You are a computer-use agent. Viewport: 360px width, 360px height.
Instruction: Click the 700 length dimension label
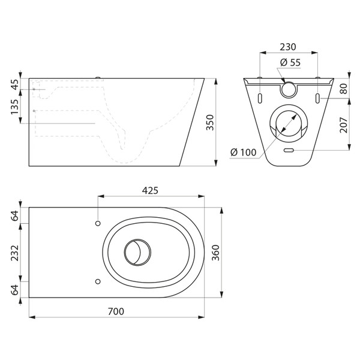point(116,311)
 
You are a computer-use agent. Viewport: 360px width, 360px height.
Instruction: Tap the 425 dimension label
point(150,190)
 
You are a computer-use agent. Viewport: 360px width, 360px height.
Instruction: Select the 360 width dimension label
point(215,253)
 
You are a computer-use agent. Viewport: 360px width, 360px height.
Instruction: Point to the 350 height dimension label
point(210,122)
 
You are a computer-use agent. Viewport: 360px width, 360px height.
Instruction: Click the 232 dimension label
point(15,253)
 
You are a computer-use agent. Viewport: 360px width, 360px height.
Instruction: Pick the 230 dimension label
point(288,47)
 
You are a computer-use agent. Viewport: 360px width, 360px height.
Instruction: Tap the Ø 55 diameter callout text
point(290,62)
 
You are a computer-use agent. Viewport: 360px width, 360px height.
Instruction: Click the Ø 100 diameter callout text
point(244,152)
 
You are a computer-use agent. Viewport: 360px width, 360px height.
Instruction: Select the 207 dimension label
point(344,125)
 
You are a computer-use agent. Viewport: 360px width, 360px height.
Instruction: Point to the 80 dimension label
point(344,89)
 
